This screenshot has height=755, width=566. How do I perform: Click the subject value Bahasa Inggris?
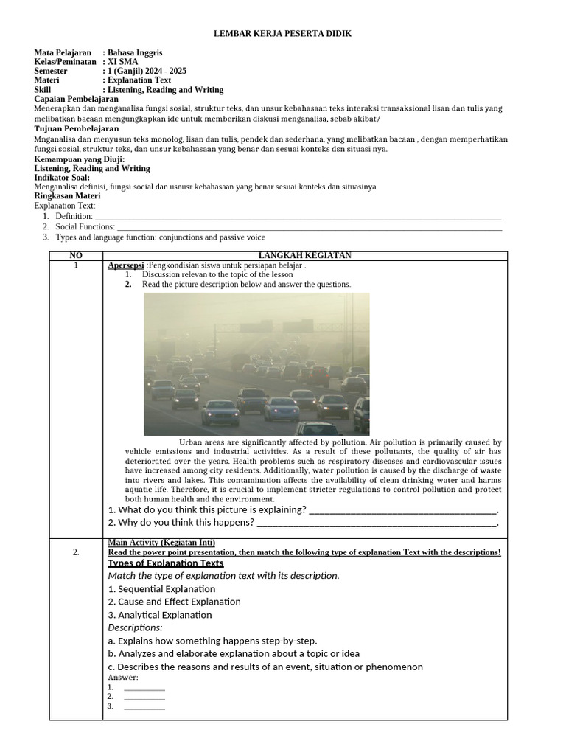click(135, 53)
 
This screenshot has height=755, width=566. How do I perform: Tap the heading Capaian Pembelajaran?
click(77, 99)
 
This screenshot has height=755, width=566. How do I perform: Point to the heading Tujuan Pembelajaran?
click(76, 129)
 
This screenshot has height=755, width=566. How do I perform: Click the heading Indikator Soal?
click(63, 178)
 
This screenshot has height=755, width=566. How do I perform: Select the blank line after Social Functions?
click(310, 227)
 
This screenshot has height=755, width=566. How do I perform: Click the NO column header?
click(76, 255)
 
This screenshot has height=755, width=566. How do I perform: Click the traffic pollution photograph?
click(256, 363)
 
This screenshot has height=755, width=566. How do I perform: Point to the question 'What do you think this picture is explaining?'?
click(207, 509)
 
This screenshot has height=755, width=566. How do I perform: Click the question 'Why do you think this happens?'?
click(181, 523)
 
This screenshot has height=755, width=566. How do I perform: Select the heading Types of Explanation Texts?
click(166, 563)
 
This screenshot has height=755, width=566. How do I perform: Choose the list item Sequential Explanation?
click(161, 588)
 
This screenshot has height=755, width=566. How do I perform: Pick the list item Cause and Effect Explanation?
click(174, 602)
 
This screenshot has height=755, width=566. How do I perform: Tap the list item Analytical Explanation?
click(160, 615)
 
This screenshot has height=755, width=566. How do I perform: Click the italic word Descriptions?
click(135, 627)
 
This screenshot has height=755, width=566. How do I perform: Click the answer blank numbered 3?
click(144, 706)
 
